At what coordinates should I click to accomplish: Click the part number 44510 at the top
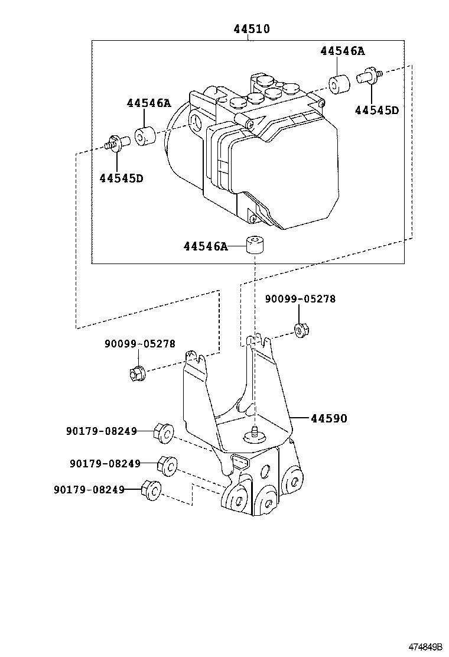[252, 29]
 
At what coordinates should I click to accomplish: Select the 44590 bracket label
[329, 418]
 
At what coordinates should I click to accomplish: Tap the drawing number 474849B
[426, 646]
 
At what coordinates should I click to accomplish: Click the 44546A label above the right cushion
[343, 51]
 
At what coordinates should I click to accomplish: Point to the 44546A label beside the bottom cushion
[206, 246]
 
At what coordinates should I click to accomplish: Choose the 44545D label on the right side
[377, 110]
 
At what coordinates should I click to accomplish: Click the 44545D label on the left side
[122, 178]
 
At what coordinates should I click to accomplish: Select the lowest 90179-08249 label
[89, 489]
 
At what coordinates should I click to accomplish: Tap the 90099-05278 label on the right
[300, 299]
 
